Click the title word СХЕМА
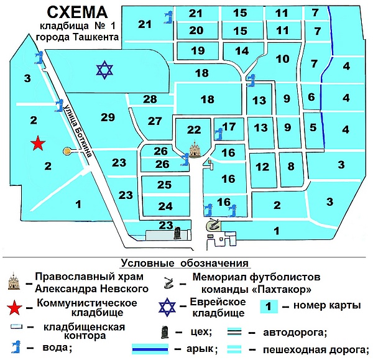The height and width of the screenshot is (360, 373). coord(77,12)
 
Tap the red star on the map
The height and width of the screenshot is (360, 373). coord(38,143)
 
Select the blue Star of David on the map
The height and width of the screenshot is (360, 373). coord(104,70)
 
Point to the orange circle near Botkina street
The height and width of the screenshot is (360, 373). coord(67,151)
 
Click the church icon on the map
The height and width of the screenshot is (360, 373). coord(195,149)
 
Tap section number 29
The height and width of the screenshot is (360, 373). coord(108,117)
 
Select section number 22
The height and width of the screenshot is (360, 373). coord(194,130)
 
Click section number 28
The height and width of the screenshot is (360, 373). coord(150,99)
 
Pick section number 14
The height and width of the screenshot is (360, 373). coord(242,51)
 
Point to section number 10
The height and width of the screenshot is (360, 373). coord(283,59)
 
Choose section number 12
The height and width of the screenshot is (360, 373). coord(262,167)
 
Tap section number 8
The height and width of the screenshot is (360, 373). coord(291,166)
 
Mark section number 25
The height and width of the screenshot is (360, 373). coord(164,185)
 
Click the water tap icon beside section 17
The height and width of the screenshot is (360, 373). coord(219,134)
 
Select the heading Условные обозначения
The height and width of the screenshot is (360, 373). coord(185,263)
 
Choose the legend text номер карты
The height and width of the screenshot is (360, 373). coord(327,305)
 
